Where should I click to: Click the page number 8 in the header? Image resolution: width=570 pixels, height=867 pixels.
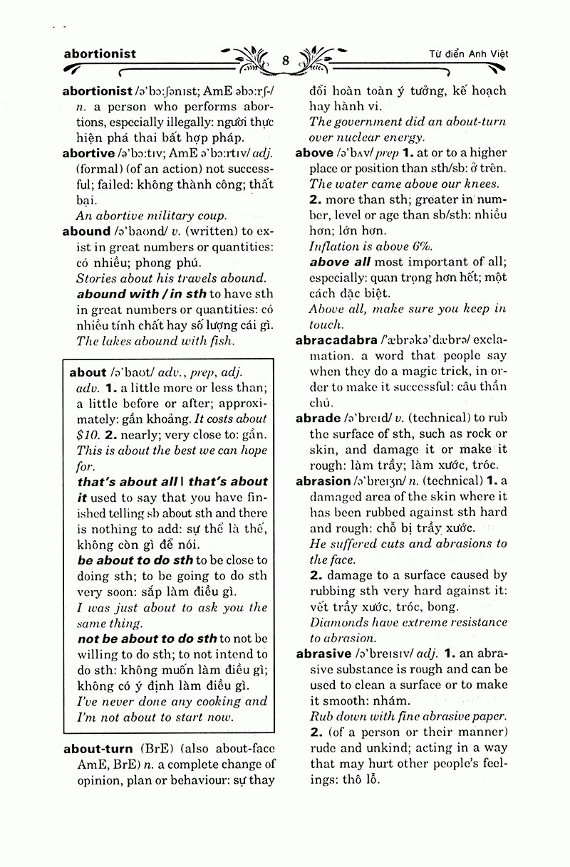pos(285,60)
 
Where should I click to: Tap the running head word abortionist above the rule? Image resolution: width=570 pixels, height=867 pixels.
pos(100,53)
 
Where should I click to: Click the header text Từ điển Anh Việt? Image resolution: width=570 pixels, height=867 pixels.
pos(473,54)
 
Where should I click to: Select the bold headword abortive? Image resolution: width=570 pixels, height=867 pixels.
pos(88,153)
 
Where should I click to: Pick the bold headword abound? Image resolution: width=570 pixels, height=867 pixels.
pos(86,231)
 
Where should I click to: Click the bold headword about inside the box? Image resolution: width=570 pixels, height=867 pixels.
pos(88,372)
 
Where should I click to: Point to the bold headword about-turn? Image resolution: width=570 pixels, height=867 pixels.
pos(98,749)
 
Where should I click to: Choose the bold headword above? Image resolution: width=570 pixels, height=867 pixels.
pos(314,152)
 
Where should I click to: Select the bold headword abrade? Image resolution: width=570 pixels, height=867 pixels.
pos(318,419)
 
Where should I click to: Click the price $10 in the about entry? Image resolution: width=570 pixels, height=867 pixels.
pos(88,434)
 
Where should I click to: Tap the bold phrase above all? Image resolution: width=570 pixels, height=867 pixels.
pos(340,262)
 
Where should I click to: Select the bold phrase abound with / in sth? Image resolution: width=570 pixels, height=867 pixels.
pos(141,294)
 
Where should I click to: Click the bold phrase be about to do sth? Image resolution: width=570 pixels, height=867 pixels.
pos(135,560)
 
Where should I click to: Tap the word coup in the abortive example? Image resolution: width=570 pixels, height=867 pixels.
pos(211,216)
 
